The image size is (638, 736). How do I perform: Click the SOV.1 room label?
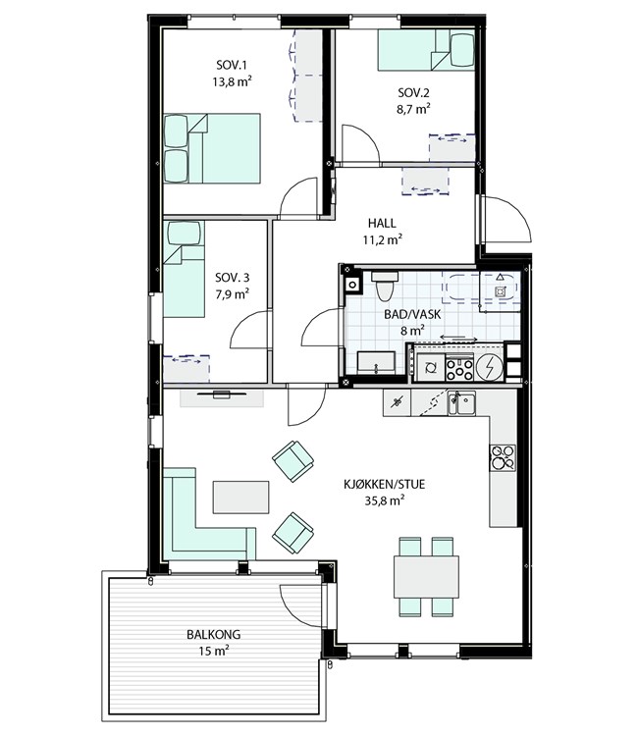232,65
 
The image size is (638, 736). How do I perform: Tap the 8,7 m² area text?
413,109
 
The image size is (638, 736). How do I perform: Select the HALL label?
382,223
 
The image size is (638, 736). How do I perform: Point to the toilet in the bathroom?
385,286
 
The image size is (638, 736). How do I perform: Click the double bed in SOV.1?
212,148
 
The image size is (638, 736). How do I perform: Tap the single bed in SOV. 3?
184,269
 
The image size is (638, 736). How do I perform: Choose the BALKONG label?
214,635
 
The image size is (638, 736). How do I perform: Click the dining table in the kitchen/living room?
426,577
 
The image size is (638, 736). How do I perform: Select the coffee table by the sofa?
240,498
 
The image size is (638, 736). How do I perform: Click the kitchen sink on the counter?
461,403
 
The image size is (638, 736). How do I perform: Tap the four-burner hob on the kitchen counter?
503,457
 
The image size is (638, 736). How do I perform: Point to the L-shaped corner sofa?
187,535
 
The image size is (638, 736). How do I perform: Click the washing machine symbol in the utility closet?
431,368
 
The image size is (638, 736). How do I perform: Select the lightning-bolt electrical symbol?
490,367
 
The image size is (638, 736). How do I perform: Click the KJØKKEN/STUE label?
385,484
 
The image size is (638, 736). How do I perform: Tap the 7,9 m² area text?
233,294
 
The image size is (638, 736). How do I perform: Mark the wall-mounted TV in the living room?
222,394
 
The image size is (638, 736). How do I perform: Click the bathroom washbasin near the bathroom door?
376,363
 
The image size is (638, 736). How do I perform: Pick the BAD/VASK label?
412,314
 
